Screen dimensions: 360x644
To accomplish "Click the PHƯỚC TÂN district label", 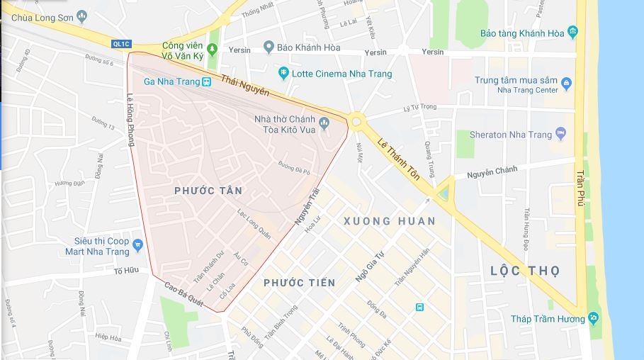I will [x=208, y=191].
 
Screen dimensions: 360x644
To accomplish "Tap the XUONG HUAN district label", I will [x=389, y=221].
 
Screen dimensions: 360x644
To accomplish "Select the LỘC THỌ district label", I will [x=525, y=271].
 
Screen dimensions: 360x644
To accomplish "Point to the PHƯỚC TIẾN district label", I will [x=299, y=283].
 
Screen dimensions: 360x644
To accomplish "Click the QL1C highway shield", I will [x=121, y=44].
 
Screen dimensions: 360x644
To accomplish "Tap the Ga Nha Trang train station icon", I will [x=206, y=81].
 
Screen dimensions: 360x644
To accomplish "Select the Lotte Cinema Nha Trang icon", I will [x=283, y=73].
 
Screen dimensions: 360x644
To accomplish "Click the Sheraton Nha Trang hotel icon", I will [x=561, y=133].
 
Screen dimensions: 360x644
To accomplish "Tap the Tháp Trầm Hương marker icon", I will [x=593, y=318].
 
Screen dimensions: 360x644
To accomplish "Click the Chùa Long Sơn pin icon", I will [x=83, y=15].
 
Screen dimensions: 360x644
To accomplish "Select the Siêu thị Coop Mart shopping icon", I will [x=137, y=245].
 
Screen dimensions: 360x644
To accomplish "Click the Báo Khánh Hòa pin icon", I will [x=269, y=47].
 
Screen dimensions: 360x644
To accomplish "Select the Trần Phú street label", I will [x=580, y=184].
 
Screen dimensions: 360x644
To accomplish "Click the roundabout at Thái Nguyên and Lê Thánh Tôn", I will [x=356, y=122].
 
